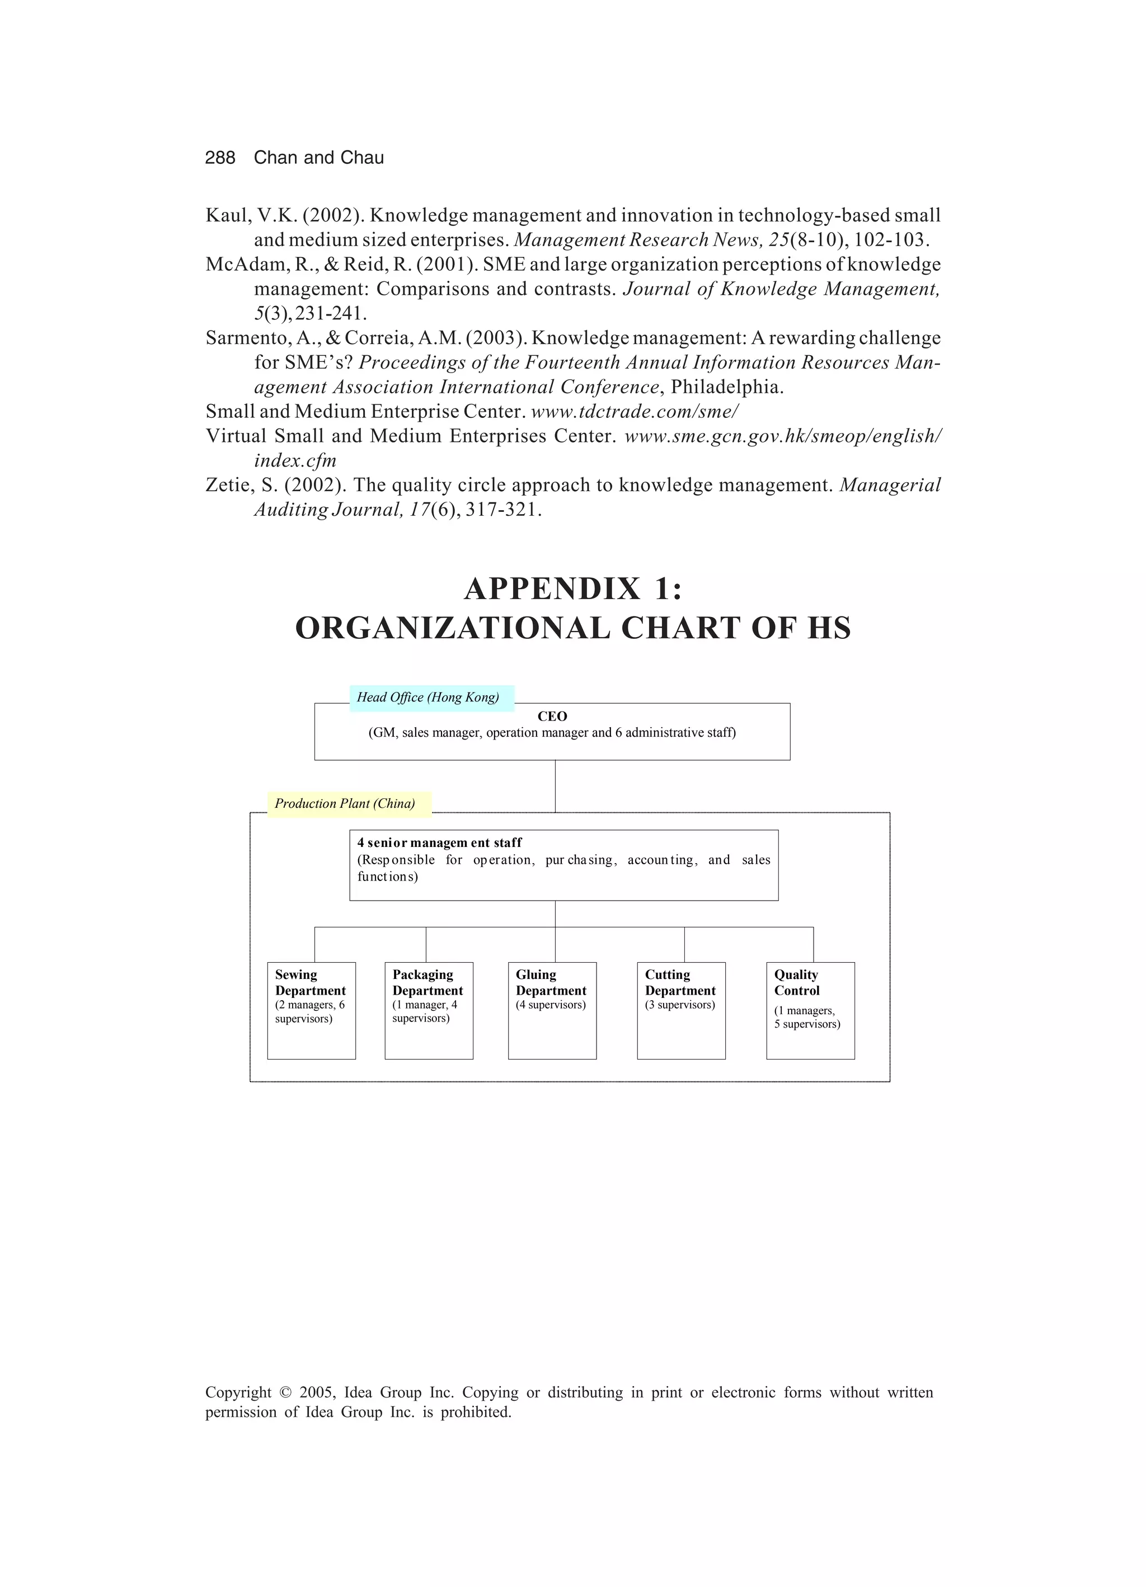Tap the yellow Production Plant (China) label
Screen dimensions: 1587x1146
pos(348,804)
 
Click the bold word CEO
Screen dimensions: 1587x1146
pos(552,717)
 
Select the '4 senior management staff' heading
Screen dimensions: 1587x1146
pos(439,843)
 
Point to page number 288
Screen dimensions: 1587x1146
pos(220,158)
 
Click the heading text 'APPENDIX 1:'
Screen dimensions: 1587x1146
pos(572,589)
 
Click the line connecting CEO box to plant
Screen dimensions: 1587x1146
pos(555,786)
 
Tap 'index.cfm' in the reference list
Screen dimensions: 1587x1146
pos(295,461)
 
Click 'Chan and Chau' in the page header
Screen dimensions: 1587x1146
pos(318,158)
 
